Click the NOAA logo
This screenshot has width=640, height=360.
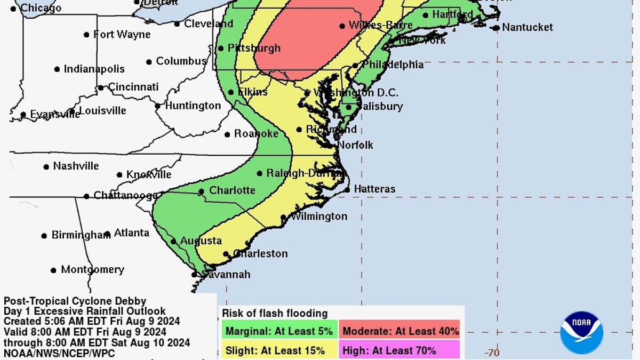coord(581,332)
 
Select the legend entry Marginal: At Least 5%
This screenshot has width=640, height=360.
coord(278,331)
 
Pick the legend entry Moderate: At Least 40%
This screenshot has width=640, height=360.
coord(400,331)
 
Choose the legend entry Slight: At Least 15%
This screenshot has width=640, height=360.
coord(275,350)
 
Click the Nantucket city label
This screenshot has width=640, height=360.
coord(527,27)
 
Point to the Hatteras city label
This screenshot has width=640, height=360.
coord(374,189)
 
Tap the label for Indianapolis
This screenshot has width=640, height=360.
coord(94,69)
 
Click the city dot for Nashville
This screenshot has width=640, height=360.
coord(46,167)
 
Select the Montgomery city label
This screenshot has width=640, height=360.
coord(92,270)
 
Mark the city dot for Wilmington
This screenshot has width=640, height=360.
coord(284,217)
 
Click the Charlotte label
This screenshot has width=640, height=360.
coord(232,190)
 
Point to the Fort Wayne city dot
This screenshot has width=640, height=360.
coord(86,35)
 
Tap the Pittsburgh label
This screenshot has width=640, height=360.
coord(254,49)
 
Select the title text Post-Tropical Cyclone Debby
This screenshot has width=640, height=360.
coord(75,301)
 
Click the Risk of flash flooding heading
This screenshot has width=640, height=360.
coord(275,314)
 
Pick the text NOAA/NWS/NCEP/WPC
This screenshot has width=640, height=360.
coord(59,353)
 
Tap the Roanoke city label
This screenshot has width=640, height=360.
coord(256,134)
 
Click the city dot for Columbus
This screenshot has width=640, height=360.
coord(149,62)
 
